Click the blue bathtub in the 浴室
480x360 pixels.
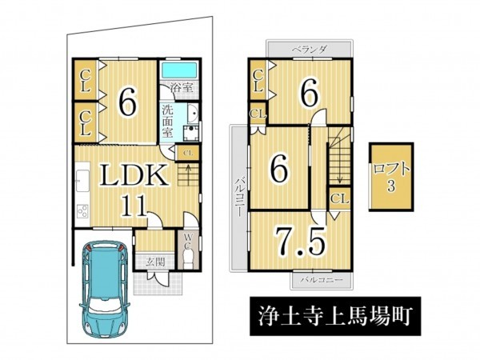[178, 70]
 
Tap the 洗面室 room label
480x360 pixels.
[167, 122]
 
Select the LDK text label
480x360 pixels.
[134, 175]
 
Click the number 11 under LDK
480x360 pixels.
[134, 206]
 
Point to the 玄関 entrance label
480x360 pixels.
[155, 262]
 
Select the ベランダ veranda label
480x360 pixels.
[310, 49]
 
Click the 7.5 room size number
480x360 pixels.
[300, 242]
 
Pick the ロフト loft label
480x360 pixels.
[390, 170]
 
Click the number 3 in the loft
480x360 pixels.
[391, 186]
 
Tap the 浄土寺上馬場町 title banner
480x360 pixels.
[335, 316]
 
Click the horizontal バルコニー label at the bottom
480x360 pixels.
[321, 280]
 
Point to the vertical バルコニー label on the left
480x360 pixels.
[238, 197]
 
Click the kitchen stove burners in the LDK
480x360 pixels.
[82, 211]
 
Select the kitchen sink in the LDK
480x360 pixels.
[82, 181]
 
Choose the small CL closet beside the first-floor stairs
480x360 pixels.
[187, 153]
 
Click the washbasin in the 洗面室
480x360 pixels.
[193, 113]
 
